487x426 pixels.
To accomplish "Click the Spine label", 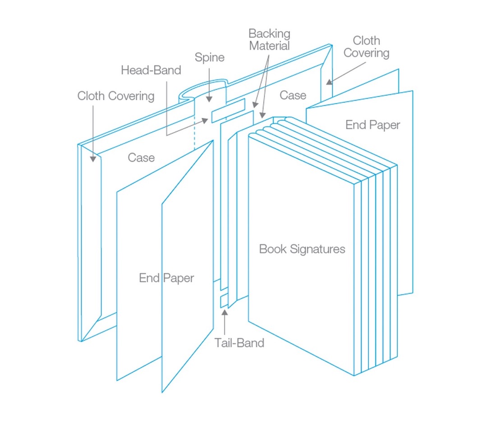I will coord(209,57).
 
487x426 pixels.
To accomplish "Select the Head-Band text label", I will coord(151,70).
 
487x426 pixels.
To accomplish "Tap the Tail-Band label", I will coord(239,343).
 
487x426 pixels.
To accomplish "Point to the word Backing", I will coord(269,33).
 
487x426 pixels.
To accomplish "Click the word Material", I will coord(269,46).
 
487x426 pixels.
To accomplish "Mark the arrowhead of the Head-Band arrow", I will coord(205,120).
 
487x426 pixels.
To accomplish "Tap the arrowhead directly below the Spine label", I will coord(208,98).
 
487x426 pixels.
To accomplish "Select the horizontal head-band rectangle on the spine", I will coord(228,111).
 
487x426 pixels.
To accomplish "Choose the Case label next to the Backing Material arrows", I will coord(293,95).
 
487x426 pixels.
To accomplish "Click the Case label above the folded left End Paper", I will coord(141,157).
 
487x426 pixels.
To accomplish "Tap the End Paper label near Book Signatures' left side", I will coord(166,278).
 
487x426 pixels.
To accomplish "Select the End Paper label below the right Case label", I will coord(372,125).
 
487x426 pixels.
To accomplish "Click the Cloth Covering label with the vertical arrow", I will coord(116,96).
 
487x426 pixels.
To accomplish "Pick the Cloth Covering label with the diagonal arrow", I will coord(366,47).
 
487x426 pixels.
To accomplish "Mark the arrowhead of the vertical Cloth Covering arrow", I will coord(93,158).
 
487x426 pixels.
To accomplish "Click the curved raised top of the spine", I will coord(203,86).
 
